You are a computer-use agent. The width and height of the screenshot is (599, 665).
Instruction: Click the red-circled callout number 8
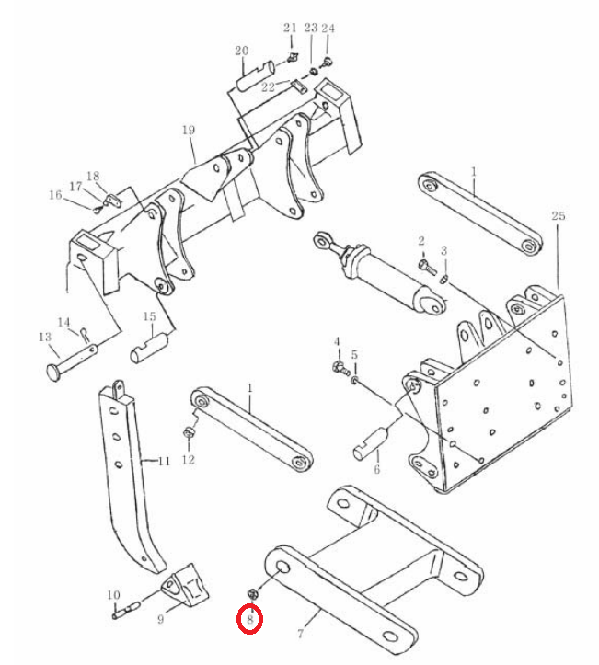(250, 619)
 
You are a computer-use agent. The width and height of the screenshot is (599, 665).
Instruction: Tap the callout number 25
(559, 215)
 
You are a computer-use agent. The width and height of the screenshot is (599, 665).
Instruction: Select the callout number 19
(189, 131)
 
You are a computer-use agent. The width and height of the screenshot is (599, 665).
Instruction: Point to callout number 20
(241, 51)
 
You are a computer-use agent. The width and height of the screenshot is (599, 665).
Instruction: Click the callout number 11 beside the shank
(164, 461)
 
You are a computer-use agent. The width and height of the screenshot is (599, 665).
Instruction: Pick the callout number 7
(300, 633)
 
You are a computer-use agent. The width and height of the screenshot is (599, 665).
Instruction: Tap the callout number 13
(45, 338)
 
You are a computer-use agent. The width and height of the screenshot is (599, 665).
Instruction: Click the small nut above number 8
(251, 594)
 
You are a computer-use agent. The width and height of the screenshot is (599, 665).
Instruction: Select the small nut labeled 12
(188, 433)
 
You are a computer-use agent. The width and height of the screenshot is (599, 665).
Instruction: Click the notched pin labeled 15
(149, 348)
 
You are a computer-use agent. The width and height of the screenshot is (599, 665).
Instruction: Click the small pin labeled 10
(126, 610)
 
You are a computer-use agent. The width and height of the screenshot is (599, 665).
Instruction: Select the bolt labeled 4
(340, 368)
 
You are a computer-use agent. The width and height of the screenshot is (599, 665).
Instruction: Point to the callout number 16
(55, 195)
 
